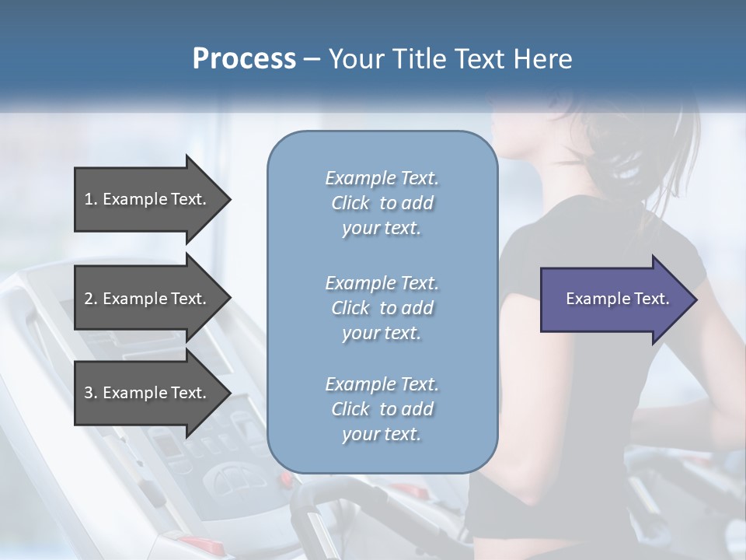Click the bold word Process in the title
click(244, 59)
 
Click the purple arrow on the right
click(614, 299)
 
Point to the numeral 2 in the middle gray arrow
click(89, 299)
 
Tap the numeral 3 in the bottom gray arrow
click(89, 393)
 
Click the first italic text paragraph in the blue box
click(382, 203)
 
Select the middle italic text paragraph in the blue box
click(382, 307)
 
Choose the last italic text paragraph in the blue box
click(382, 409)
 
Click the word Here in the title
click(544, 59)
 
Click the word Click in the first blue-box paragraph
click(350, 203)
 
